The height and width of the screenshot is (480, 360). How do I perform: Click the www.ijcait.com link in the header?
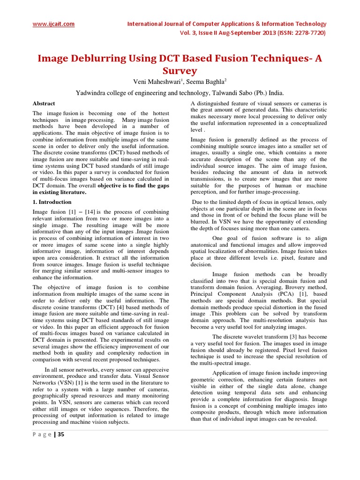tap(53, 24)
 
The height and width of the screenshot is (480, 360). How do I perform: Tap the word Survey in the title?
tap(180, 71)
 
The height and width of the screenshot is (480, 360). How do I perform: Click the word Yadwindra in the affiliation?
tap(93, 93)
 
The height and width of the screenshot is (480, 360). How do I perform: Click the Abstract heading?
tap(44, 104)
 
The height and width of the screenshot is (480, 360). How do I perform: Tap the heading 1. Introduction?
tap(52, 202)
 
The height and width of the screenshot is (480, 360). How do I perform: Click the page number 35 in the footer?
tap(61, 435)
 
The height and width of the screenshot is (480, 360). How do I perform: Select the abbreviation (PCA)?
tap(275, 293)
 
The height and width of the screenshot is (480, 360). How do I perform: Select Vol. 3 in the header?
tap(189, 33)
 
